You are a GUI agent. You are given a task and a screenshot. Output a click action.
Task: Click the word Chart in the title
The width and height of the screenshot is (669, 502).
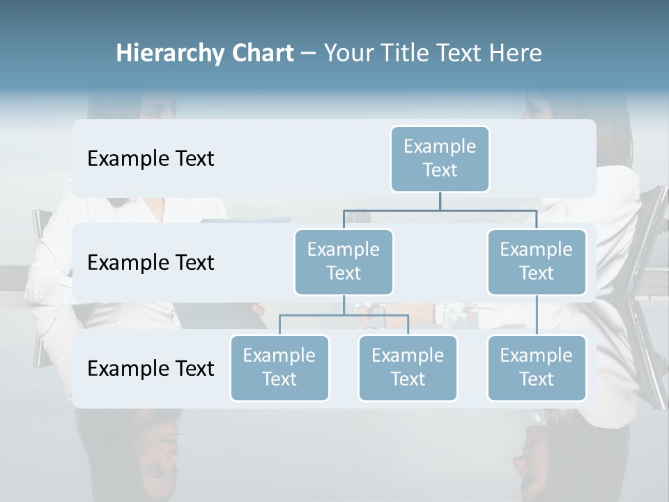(x=262, y=54)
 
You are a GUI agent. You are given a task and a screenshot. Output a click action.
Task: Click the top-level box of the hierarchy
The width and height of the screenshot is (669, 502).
(x=440, y=158)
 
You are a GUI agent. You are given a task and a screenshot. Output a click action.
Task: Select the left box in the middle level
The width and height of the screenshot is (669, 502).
(x=344, y=261)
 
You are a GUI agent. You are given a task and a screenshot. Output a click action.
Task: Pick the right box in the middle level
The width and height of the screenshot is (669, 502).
(x=537, y=261)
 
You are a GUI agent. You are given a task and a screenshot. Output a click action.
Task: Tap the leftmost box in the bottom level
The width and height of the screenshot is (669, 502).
(x=279, y=367)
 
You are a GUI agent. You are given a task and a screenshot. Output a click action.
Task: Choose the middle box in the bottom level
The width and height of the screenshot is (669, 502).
(x=408, y=367)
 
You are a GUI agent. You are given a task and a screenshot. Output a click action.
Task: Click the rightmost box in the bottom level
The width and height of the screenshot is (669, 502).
(x=537, y=367)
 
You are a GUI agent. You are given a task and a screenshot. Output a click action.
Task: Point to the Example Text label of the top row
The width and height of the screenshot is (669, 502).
(x=151, y=159)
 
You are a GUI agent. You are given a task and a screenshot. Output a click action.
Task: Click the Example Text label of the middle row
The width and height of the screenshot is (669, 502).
(x=151, y=263)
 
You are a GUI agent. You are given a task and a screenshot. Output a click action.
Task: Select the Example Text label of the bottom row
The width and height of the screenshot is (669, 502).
(x=151, y=368)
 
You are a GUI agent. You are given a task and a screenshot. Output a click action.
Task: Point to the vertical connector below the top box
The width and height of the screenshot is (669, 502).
(x=440, y=201)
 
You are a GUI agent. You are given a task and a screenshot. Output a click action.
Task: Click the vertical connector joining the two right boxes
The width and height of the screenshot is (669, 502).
(x=537, y=315)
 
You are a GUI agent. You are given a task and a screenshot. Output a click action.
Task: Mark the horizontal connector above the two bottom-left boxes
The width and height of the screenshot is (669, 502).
(x=344, y=315)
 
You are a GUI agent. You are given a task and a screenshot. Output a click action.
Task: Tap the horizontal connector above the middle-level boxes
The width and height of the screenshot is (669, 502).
(x=440, y=210)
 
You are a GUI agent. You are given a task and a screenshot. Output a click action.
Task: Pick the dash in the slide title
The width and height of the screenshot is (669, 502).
(x=308, y=54)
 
